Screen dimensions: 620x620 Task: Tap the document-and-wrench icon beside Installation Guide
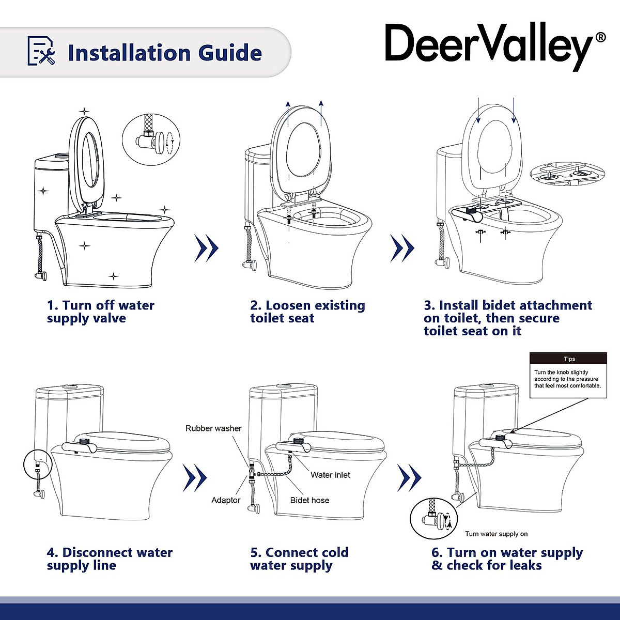[41, 52]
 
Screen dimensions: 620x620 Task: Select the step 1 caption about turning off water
[101, 312]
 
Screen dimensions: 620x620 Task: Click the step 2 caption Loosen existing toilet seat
[307, 312]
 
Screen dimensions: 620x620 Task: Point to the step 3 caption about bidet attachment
[507, 318]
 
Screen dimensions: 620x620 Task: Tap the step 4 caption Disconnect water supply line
[110, 559]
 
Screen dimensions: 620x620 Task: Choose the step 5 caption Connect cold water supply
[299, 559]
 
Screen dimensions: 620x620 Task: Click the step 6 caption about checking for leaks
[507, 559]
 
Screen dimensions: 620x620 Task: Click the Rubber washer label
[213, 428]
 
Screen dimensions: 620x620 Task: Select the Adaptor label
[226, 500]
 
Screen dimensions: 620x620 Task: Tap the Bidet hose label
[309, 500]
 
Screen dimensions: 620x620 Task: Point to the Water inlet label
[330, 475]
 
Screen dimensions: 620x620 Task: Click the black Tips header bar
[568, 359]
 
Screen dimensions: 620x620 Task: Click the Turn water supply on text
[496, 534]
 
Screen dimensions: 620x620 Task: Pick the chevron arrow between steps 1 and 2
[206, 248]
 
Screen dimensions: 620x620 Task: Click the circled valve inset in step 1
[152, 139]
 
